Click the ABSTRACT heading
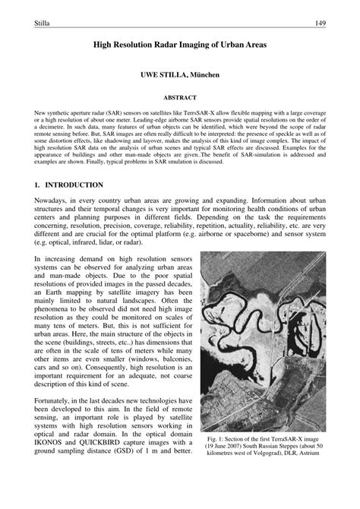[180, 98]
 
